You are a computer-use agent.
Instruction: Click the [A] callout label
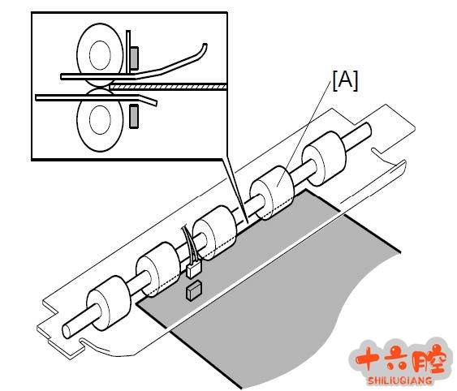[345, 80]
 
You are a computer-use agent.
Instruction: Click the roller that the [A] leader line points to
[272, 192]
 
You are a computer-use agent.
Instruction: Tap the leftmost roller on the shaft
[109, 303]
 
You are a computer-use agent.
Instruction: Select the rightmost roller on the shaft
[324, 159]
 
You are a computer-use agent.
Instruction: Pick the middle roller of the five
[215, 233]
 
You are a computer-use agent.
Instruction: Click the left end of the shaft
[67, 331]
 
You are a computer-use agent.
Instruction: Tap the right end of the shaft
[367, 130]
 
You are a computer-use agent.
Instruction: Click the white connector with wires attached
[192, 270]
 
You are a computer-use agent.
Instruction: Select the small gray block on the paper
[194, 290]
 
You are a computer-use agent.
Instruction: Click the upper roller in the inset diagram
[100, 55]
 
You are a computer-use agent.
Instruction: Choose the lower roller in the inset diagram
[100, 120]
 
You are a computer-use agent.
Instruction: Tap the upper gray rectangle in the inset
[134, 58]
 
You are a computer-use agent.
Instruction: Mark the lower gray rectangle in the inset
[134, 116]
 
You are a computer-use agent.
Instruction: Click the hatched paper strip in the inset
[167, 87]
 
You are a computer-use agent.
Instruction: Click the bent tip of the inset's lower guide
[155, 103]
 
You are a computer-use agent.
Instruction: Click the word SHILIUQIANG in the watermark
[400, 380]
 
